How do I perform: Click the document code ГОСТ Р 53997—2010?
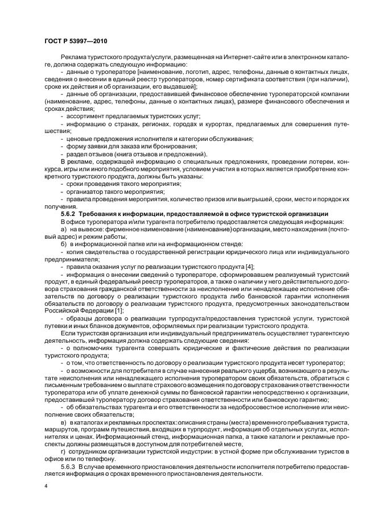point(74,41)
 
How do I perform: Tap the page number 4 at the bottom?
point(46,487)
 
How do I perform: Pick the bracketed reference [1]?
point(119,310)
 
